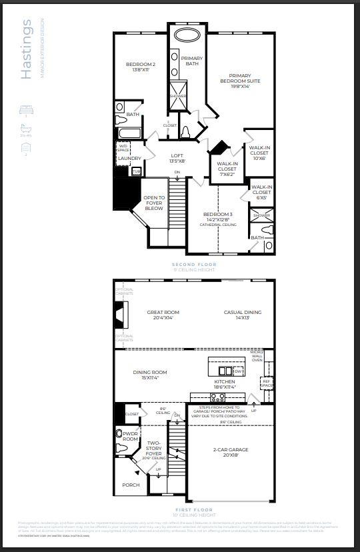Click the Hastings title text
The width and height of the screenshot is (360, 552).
[27, 50]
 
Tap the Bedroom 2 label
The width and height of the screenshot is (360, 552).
[141, 67]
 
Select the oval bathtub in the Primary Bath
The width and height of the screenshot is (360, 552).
[191, 35]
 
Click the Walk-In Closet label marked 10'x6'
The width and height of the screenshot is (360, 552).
[259, 153]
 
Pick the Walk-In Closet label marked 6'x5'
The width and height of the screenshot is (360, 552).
[262, 192]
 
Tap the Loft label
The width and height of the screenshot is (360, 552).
[177, 158]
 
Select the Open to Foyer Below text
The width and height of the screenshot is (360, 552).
[154, 203]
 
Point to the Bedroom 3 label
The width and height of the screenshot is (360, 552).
[217, 217]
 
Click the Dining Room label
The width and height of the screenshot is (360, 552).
[149, 375]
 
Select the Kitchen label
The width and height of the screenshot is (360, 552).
[225, 383]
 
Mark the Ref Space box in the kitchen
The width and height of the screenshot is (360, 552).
[266, 384]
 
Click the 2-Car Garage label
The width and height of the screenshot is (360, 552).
[231, 453]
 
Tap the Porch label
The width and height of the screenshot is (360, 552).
[131, 485]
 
